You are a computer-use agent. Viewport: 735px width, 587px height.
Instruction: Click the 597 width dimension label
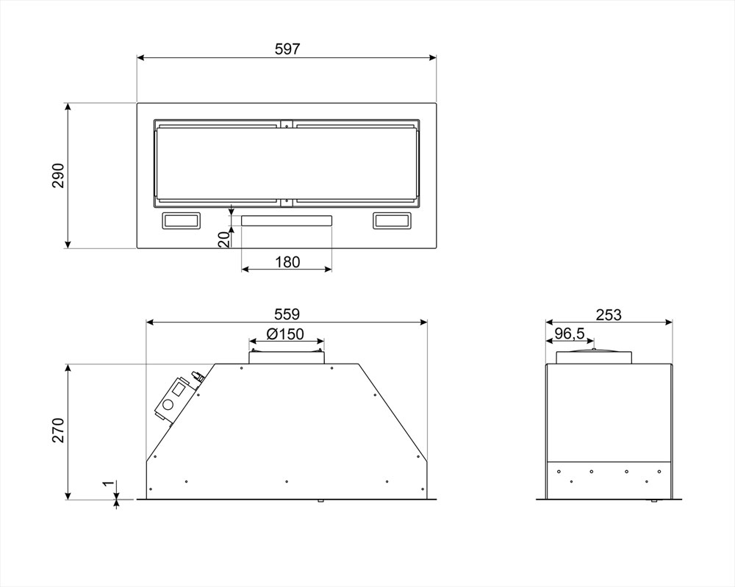click(287, 48)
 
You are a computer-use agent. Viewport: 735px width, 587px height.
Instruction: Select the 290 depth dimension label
click(57, 176)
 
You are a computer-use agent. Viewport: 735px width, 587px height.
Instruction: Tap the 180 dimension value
click(287, 262)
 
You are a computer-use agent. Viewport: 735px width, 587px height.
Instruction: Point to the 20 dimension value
click(225, 239)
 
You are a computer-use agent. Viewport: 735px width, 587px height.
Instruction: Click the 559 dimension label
click(287, 314)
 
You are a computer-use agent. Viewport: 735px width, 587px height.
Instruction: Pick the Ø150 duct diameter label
click(285, 334)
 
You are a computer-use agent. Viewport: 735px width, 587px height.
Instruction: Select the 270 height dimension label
click(57, 430)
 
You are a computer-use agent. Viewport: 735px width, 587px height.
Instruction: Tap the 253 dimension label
click(609, 315)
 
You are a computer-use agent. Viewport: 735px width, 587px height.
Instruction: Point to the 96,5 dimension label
click(570, 334)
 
